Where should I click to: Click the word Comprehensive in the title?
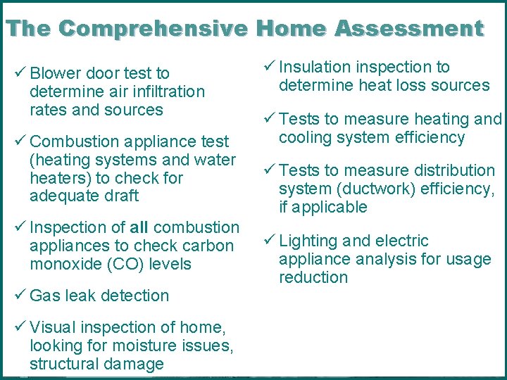pyautogui.click(x=153, y=29)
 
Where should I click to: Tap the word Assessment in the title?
pyautogui.click(x=408, y=29)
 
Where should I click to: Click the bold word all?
pyautogui.click(x=139, y=227)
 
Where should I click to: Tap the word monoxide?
pyautogui.click(x=61, y=264)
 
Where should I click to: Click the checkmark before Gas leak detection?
pyautogui.click(x=20, y=296)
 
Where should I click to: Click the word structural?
pyautogui.click(x=63, y=364)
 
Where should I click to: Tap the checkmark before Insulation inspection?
pyautogui.click(x=269, y=67)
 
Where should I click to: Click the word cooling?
pyautogui.click(x=304, y=137)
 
